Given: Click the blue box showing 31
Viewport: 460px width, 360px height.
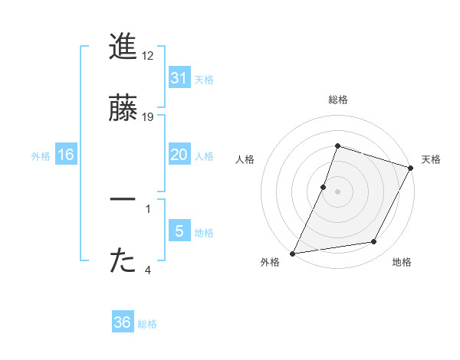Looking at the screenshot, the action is click(x=179, y=78).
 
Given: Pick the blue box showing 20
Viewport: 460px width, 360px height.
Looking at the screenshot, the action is click(x=179, y=155).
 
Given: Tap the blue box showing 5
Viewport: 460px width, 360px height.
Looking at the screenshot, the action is click(x=179, y=231).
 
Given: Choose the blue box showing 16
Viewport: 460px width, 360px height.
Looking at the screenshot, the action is click(x=66, y=155).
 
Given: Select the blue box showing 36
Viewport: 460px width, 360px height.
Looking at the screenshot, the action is click(x=123, y=322).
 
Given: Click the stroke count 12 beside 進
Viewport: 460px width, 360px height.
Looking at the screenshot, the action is click(x=148, y=56).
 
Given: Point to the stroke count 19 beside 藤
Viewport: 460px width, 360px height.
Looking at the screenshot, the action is click(x=148, y=117).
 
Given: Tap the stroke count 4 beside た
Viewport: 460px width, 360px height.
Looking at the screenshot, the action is click(x=148, y=270).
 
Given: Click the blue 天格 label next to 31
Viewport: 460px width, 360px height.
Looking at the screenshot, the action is click(x=204, y=79).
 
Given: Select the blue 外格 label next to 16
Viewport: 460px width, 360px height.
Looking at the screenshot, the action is click(x=41, y=155).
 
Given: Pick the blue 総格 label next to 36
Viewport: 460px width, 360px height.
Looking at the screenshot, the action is click(x=147, y=323).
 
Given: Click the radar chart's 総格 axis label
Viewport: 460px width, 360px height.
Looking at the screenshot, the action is click(x=337, y=100).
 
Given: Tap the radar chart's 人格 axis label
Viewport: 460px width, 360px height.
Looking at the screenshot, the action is click(x=245, y=159).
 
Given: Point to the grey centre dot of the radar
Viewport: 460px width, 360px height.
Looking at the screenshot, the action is click(x=337, y=191).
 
